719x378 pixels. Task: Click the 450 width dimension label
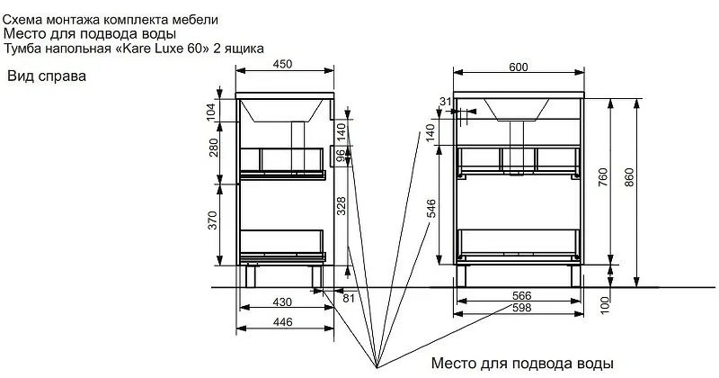(282, 64)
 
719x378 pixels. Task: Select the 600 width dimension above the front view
(519, 67)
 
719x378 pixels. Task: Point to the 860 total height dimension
(629, 177)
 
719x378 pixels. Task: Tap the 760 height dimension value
(603, 177)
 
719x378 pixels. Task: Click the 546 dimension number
(431, 209)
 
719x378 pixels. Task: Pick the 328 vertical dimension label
(342, 206)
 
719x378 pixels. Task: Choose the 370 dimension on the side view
(212, 220)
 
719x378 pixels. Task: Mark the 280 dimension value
(214, 148)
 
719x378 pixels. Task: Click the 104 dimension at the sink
(210, 112)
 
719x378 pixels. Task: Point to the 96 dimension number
(341, 156)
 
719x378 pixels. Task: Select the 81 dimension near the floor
(349, 298)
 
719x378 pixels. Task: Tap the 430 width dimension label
(282, 301)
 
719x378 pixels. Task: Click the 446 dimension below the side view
(282, 322)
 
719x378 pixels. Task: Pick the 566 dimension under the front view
(522, 296)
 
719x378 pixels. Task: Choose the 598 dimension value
(522, 307)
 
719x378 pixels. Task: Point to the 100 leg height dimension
(605, 305)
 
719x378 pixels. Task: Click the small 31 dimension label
(446, 102)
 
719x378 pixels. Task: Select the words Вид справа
(47, 76)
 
